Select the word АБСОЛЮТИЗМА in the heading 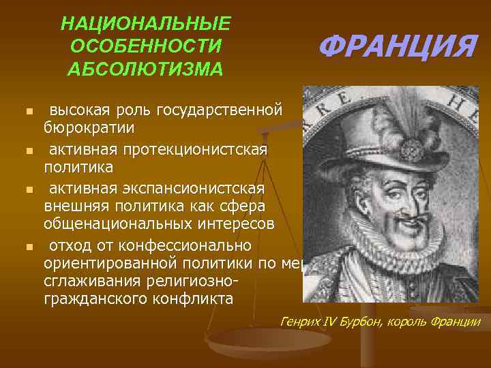[145, 69]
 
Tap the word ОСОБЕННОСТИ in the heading [145, 47]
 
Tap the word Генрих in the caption [297, 322]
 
